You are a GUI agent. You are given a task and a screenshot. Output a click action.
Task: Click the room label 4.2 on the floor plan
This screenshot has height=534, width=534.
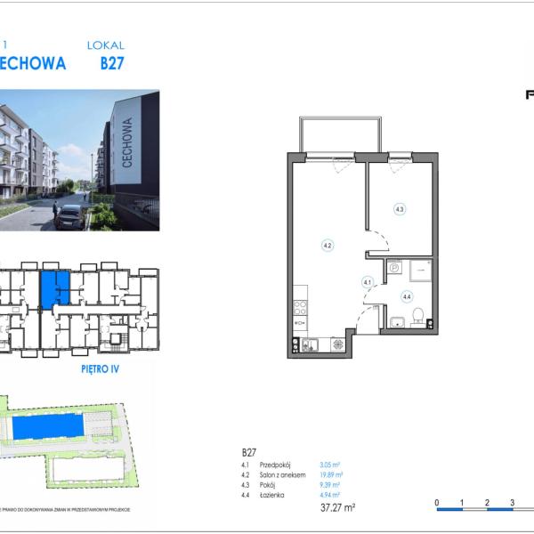pyautogui.click(x=328, y=245)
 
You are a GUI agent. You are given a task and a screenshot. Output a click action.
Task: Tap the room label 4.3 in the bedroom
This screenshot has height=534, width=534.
pyautogui.click(x=400, y=209)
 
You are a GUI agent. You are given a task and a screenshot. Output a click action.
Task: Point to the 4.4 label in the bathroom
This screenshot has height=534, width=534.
pyautogui.click(x=407, y=297)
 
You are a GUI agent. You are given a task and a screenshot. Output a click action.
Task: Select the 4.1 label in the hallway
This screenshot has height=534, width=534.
pyautogui.click(x=367, y=282)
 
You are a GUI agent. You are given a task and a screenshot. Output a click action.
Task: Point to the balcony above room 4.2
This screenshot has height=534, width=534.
pyautogui.click(x=340, y=133)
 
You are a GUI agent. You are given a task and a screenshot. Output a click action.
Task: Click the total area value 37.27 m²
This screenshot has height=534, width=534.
pyautogui.click(x=337, y=507)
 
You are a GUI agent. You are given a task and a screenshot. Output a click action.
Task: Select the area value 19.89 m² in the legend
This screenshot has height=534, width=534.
pyautogui.click(x=332, y=475)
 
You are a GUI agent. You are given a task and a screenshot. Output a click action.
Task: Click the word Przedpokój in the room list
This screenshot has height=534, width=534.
pyautogui.click(x=277, y=465)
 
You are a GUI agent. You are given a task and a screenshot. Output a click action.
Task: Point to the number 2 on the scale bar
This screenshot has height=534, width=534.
pyautogui.click(x=487, y=503)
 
